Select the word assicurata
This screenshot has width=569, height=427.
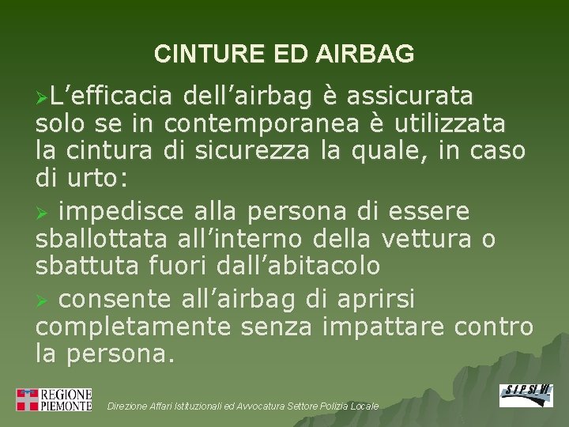(x=410, y=96)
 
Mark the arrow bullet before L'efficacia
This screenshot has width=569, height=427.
(x=42, y=97)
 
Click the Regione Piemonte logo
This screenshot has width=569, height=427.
(x=54, y=399)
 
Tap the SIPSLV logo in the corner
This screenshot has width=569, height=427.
(x=526, y=395)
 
